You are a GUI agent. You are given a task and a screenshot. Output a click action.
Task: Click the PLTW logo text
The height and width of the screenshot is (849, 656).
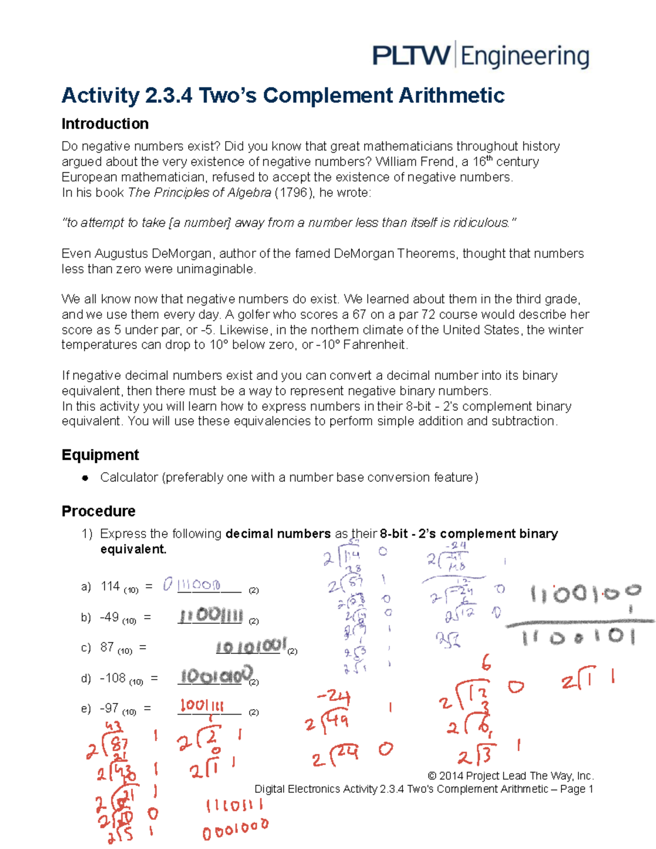click(x=411, y=56)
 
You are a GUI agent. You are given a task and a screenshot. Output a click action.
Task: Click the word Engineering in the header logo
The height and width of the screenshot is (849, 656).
click(x=525, y=57)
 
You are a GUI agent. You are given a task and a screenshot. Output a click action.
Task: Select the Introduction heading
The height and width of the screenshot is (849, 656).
click(x=105, y=124)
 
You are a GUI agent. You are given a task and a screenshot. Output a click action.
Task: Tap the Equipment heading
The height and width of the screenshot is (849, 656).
click(x=100, y=455)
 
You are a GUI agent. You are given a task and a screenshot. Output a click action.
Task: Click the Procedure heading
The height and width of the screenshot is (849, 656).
click(x=98, y=511)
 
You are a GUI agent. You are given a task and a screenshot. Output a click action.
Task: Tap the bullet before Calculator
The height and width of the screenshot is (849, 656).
click(x=85, y=478)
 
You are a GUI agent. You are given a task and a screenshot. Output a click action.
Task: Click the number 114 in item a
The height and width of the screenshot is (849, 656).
click(x=110, y=586)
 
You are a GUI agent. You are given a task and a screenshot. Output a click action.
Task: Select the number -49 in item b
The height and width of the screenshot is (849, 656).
click(x=109, y=617)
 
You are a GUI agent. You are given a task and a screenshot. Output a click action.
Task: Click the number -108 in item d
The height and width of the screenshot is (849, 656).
click(x=113, y=678)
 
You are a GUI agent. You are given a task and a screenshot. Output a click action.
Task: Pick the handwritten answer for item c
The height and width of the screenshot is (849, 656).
click(x=251, y=647)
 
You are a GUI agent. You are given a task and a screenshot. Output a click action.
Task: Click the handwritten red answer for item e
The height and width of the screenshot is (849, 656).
click(x=202, y=705)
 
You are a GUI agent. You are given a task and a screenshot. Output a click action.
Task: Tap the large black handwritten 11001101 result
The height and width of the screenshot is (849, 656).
click(x=578, y=637)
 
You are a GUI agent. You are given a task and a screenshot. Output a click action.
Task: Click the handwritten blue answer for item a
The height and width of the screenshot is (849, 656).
click(x=192, y=585)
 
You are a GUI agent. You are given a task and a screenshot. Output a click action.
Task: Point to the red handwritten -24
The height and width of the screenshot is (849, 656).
click(x=333, y=697)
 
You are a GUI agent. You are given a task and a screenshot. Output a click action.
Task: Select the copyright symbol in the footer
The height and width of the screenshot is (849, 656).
click(x=432, y=776)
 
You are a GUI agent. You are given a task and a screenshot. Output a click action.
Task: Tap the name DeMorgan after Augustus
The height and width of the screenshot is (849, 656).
click(x=181, y=254)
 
